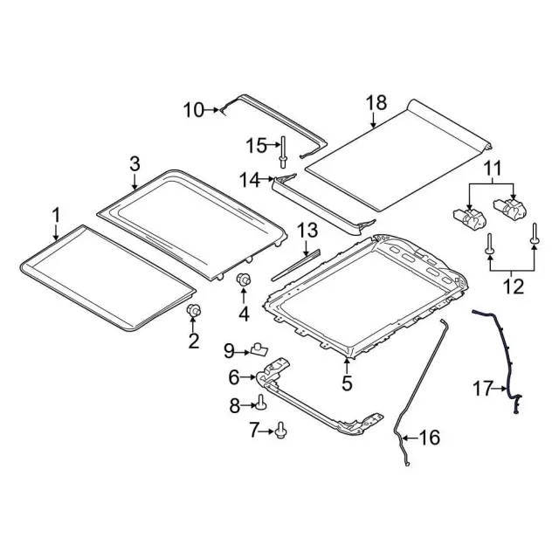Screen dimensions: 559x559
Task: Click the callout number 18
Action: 376,103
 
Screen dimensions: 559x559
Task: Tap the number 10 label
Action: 193,110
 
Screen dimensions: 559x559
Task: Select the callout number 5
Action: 347,383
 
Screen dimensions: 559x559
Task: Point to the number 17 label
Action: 482,389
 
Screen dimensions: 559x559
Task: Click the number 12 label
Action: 514,286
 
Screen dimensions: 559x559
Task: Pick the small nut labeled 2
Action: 194,311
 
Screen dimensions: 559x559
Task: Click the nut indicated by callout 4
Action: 244,279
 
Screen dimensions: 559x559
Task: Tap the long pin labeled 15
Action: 282,152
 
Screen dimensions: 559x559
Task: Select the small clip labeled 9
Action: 259,349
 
